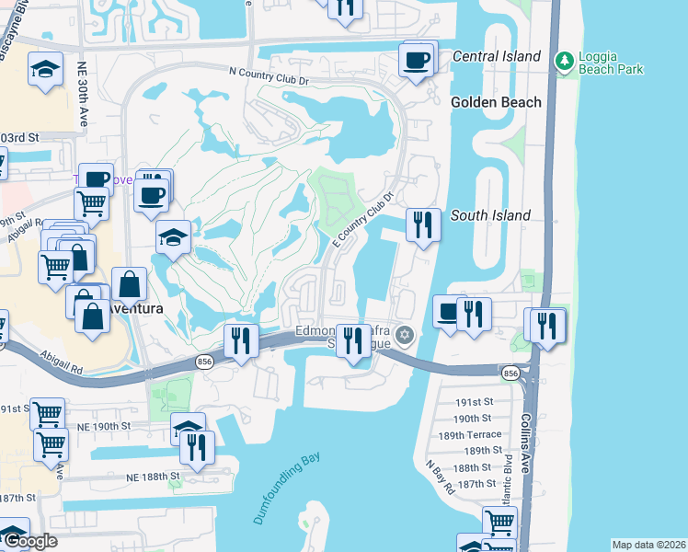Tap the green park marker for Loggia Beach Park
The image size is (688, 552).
564,62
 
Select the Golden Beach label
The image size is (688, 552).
496,102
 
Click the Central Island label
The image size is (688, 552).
497,56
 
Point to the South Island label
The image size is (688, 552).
490,215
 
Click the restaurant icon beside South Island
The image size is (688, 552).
422,224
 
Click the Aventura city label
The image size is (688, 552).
135,308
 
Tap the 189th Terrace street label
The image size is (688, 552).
469,434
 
